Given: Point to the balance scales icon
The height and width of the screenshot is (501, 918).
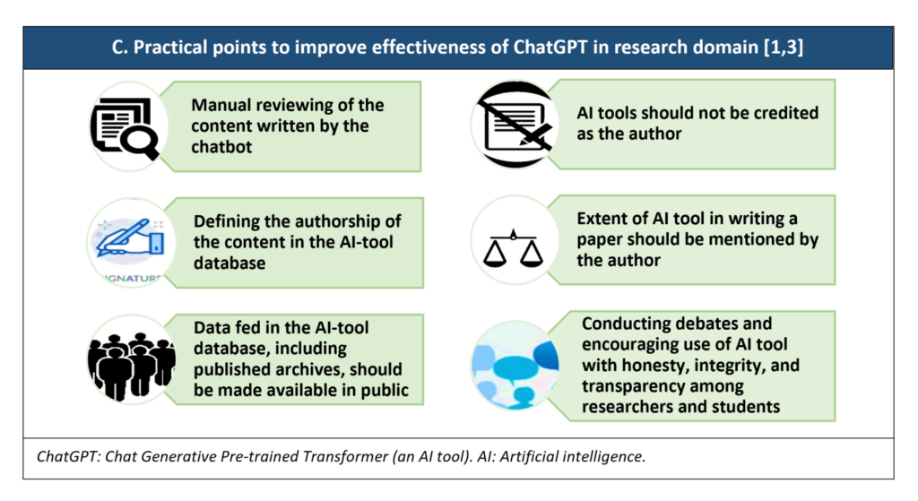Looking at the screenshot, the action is point(514,248).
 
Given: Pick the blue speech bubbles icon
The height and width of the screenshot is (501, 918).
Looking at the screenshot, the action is point(515,367).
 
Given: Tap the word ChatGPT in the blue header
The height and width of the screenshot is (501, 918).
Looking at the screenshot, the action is point(550,47).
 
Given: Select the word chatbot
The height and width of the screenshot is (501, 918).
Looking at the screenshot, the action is point(221,146).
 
